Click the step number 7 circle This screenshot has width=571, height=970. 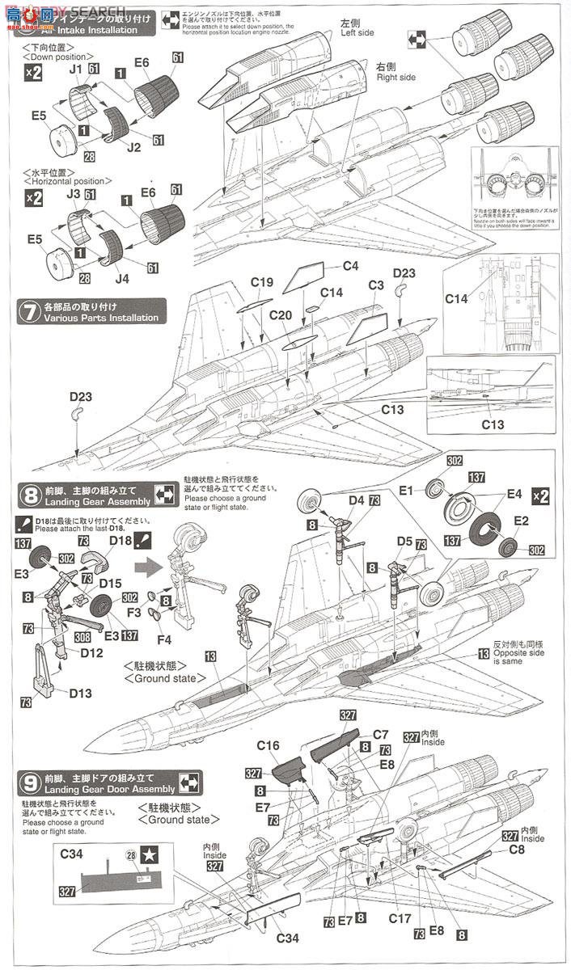[28, 312]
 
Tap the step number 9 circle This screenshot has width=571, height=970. [29, 782]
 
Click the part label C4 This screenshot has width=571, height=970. [349, 266]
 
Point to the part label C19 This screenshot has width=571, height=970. [261, 282]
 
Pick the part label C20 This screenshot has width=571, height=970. [280, 315]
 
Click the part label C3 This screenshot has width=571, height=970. [375, 285]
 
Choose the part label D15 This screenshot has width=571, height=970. [109, 583]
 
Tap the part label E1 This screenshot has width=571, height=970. [405, 490]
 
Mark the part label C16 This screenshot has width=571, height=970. [267, 745]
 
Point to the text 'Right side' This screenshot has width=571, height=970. [396, 77]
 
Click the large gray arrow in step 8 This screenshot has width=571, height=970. [147, 567]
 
